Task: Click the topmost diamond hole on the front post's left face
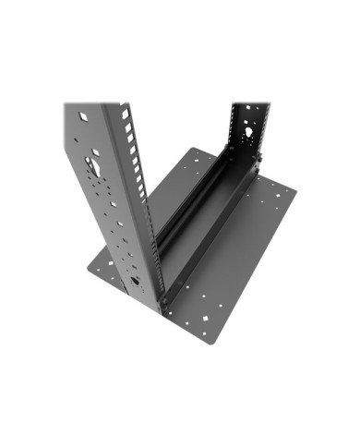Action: (85, 118)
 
